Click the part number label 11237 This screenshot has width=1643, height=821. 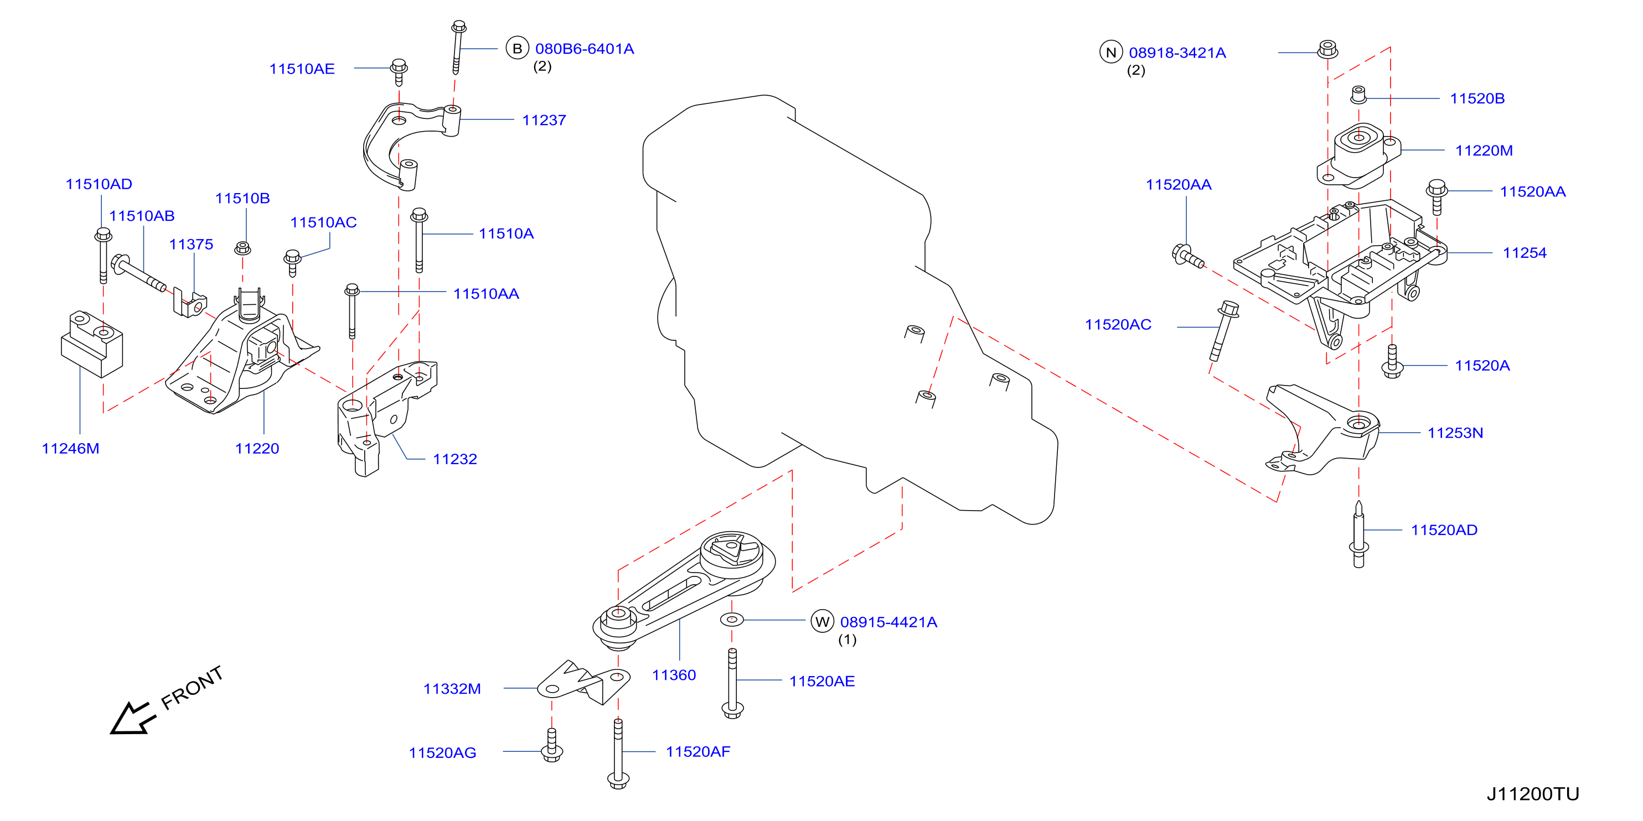pyautogui.click(x=544, y=120)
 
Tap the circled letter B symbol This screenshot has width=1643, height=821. pyautogui.click(x=517, y=49)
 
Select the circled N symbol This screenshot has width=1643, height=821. pyautogui.click(x=1111, y=52)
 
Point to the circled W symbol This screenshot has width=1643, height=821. pyautogui.click(x=822, y=621)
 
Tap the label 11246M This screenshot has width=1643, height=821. pyautogui.click(x=70, y=448)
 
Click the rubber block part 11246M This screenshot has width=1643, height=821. pyautogui.click(x=92, y=344)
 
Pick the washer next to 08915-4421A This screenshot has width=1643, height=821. pyautogui.click(x=732, y=619)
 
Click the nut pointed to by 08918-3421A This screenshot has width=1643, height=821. pyautogui.click(x=1328, y=49)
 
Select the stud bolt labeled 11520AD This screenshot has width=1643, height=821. pyautogui.click(x=1358, y=534)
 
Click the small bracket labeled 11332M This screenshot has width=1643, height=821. pyautogui.click(x=583, y=683)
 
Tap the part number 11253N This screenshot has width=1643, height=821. pyautogui.click(x=1455, y=433)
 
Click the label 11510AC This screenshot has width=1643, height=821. pyautogui.click(x=323, y=222)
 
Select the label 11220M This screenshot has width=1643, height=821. pyautogui.click(x=1484, y=150)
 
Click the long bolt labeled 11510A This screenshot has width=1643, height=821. pyautogui.click(x=419, y=240)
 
